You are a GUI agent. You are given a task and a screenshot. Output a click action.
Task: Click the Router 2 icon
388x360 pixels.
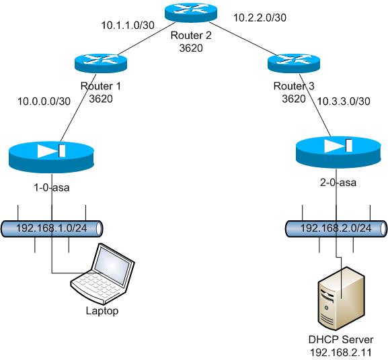tap(191, 12)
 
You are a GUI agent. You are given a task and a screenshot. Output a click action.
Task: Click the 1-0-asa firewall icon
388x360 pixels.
tap(52, 157)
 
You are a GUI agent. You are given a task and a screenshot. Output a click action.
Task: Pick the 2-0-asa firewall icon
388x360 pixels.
tap(338, 152)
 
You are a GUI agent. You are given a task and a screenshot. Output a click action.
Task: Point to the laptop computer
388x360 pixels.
tap(103, 274)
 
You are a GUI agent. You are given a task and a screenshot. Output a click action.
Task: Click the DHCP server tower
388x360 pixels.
tap(341, 298)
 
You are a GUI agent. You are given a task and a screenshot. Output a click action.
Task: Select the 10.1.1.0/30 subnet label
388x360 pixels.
tap(128, 26)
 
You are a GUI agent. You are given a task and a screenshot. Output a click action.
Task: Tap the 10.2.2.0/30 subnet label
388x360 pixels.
tap(260, 17)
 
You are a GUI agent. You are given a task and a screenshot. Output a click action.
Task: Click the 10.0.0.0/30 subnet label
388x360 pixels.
tap(44, 101)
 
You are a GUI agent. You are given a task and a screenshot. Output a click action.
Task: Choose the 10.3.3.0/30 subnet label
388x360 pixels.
tap(344, 101)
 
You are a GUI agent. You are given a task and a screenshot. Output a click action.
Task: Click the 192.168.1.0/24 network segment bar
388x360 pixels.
tap(52, 228)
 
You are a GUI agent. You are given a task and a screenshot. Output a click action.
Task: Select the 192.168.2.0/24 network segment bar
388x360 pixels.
tap(336, 228)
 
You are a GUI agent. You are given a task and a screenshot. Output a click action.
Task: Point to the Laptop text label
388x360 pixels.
tap(102, 311)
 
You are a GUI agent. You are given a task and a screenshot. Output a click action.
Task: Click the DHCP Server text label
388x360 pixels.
tap(341, 339)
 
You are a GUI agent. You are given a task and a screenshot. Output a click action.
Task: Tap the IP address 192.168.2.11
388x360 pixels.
tap(341, 353)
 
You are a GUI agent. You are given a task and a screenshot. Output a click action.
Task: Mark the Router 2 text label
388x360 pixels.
tap(191, 36)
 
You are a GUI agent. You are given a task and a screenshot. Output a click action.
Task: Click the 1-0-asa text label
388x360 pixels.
tap(52, 188)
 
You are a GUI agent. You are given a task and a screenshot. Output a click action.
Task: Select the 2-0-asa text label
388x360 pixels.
tap(338, 183)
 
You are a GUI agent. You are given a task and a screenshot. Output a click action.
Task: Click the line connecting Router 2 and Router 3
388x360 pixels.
tap(243, 39)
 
